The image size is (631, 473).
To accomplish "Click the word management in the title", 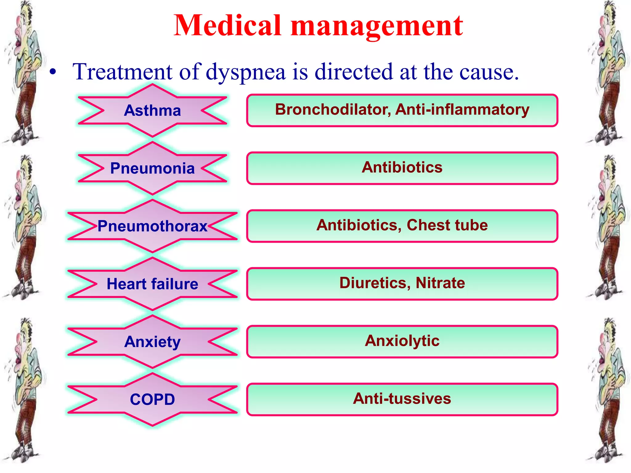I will pyautogui.click(x=377, y=26).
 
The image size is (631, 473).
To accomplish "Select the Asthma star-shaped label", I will pyautogui.click(x=152, y=111).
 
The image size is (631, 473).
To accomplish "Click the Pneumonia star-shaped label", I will pyautogui.click(x=152, y=168).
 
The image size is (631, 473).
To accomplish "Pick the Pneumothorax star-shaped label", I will pyautogui.click(x=152, y=226).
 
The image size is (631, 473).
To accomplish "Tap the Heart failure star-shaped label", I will pyautogui.click(x=152, y=284).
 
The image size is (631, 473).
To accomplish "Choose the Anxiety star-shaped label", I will pyautogui.click(x=152, y=342).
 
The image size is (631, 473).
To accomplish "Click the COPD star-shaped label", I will pyautogui.click(x=152, y=399).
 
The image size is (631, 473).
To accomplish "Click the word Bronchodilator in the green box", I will pyautogui.click(x=333, y=110).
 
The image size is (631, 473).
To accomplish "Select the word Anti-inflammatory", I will pyautogui.click(x=462, y=110).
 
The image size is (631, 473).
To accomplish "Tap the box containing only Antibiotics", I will pyautogui.click(x=402, y=168).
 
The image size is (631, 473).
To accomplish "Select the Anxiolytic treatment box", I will pyautogui.click(x=402, y=341).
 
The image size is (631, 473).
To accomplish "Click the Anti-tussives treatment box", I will pyautogui.click(x=402, y=399).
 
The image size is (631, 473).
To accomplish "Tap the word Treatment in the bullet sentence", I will pyautogui.click(x=122, y=72).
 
